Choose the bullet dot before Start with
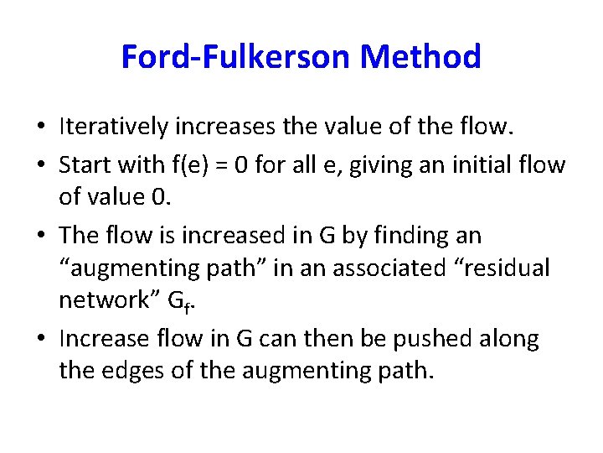click(41, 165)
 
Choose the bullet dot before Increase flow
click(41, 339)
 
